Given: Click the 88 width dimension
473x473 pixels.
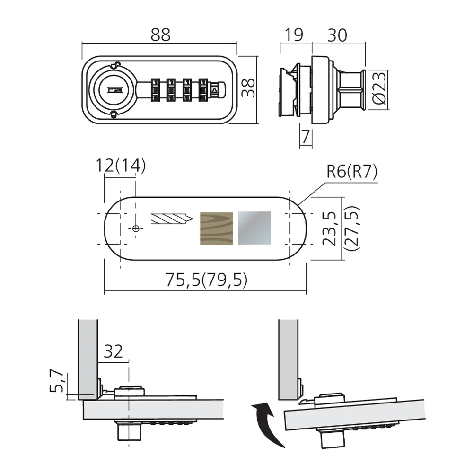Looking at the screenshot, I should click(160, 35).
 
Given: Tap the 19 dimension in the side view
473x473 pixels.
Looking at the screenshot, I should click(294, 35).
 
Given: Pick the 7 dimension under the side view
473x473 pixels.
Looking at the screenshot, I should click(306, 136).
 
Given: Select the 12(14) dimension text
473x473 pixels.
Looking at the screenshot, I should click(121, 166).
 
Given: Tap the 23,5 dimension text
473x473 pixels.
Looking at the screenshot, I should click(329, 228).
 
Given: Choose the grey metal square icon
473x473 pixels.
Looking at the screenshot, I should click(254, 228).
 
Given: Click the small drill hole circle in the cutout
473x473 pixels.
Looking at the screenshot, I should click(136, 228).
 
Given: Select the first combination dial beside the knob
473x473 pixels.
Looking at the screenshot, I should click(156, 89).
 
